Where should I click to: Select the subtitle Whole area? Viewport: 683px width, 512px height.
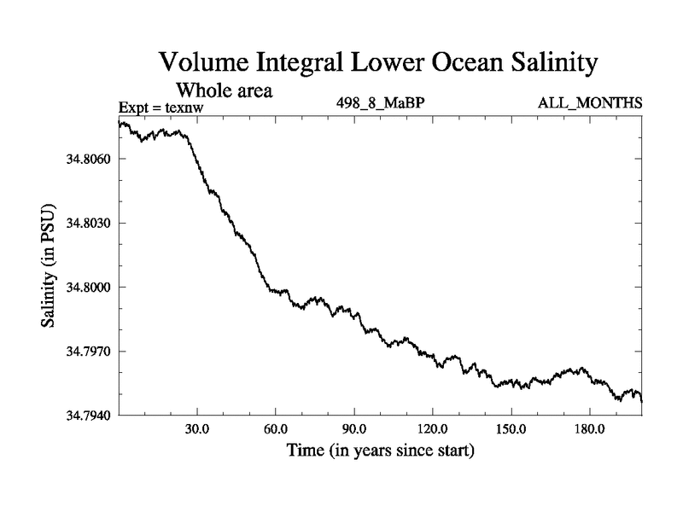(x=224, y=90)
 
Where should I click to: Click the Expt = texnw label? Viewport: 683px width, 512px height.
(x=161, y=108)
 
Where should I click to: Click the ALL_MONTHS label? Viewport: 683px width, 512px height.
(x=589, y=104)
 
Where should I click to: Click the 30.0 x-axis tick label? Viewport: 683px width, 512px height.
(x=197, y=428)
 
